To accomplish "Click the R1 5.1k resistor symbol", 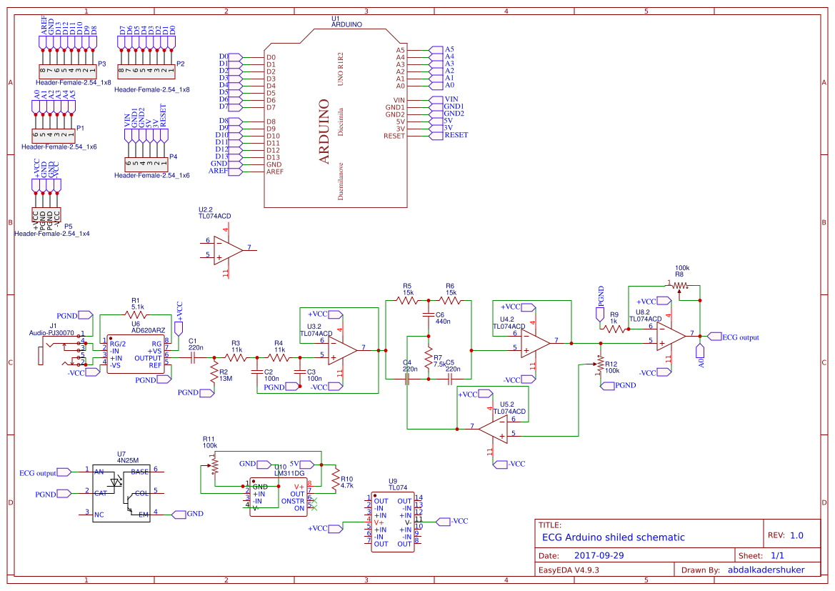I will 136,314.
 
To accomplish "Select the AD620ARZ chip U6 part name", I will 148,330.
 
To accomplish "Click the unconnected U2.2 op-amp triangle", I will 228,249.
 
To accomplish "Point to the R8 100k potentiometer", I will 679,286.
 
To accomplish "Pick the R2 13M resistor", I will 213,371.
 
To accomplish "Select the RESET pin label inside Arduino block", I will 394,136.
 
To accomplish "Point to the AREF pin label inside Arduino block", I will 274,172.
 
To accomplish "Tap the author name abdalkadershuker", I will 766,570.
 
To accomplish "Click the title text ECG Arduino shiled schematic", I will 613,537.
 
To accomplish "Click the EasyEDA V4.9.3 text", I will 569,570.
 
